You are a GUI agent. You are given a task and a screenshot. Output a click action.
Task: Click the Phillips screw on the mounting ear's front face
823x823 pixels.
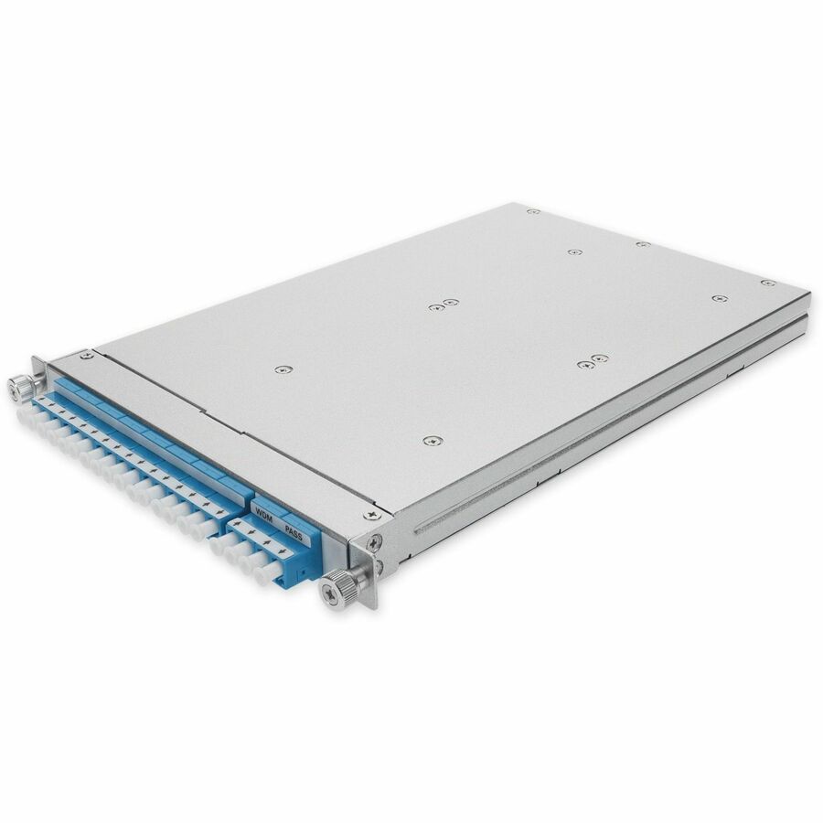point(374,541)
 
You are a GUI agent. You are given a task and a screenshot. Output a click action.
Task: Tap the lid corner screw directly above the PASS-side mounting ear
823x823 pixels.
point(371,516)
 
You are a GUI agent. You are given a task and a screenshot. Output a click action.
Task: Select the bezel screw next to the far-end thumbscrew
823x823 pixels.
point(85,355)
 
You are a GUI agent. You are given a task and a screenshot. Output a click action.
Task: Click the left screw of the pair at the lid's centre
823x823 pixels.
point(435,306)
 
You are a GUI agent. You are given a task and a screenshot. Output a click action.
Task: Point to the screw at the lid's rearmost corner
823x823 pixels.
point(533,211)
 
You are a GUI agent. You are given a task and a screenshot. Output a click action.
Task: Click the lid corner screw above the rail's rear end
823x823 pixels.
point(768,283)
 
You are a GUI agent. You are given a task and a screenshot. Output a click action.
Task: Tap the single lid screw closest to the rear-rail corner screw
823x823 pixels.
point(720,299)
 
